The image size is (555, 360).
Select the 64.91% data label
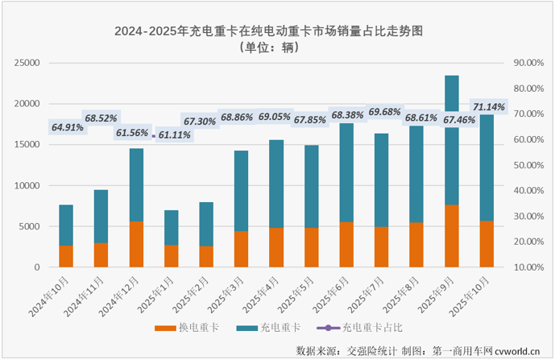point(68,127)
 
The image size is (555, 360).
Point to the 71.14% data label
point(488,106)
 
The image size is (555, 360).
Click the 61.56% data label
point(134,133)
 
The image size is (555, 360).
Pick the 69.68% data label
point(384,111)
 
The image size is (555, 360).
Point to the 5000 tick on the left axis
point(31,226)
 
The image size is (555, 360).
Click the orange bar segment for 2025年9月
point(452,236)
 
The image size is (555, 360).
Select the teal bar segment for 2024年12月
point(136,184)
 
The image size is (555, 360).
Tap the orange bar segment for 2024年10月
point(66,256)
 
